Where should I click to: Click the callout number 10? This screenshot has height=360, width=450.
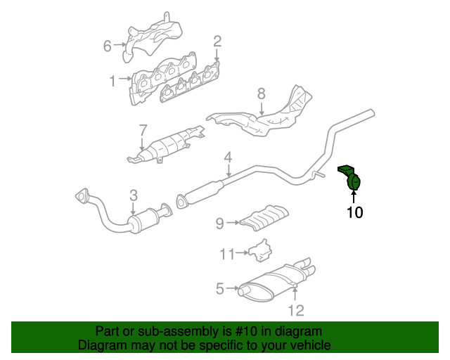coord(354,212)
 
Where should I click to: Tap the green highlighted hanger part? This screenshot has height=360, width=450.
coord(353,181)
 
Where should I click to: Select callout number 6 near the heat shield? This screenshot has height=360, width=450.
coord(108,46)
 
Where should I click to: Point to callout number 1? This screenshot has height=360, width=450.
coord(112,82)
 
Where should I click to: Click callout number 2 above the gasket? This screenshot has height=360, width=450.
coord(217,41)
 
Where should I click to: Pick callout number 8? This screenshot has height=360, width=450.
coord(260,93)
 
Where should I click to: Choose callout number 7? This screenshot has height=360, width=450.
coord(142,130)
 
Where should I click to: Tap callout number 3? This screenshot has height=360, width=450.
coord(133,194)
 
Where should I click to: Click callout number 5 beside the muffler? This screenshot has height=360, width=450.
coord(219,288)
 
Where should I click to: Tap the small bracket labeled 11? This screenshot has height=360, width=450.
coord(259,250)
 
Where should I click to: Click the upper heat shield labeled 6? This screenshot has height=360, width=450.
coord(153,39)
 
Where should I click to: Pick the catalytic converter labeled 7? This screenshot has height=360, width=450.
coord(166,146)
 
